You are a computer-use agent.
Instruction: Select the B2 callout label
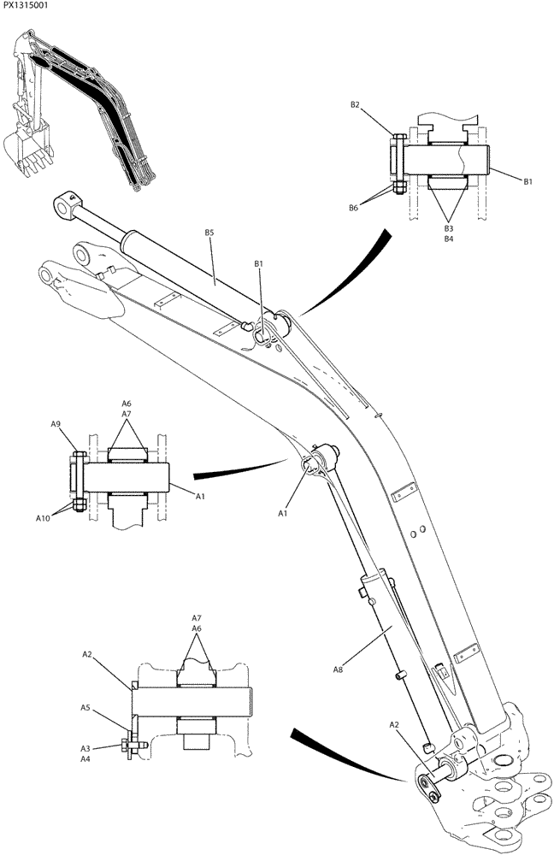pos(355,105)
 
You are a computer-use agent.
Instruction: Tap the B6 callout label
pos(353,208)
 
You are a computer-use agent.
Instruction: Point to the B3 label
pos(448,228)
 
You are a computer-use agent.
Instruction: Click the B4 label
pos(448,239)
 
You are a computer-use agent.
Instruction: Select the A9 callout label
pos(56,424)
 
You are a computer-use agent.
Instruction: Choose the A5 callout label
pos(85,708)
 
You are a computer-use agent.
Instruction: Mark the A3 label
pos(85,747)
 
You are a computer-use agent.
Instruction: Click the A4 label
pos(85,758)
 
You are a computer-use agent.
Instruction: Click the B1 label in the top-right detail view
pos(527,181)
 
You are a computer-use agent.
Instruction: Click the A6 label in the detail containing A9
pos(127,403)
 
